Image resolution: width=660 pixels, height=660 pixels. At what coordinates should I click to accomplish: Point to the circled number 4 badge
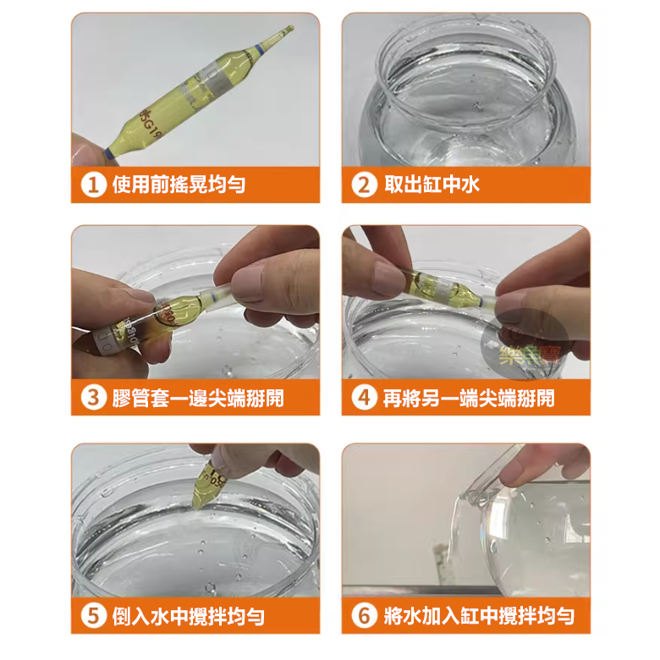coord(364,398)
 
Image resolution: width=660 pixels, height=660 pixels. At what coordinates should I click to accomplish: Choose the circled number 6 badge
coord(364,615)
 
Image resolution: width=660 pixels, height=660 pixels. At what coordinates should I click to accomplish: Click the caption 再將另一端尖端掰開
coord(469,398)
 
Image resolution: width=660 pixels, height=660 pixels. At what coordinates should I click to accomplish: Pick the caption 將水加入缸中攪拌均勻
coord(479,615)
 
